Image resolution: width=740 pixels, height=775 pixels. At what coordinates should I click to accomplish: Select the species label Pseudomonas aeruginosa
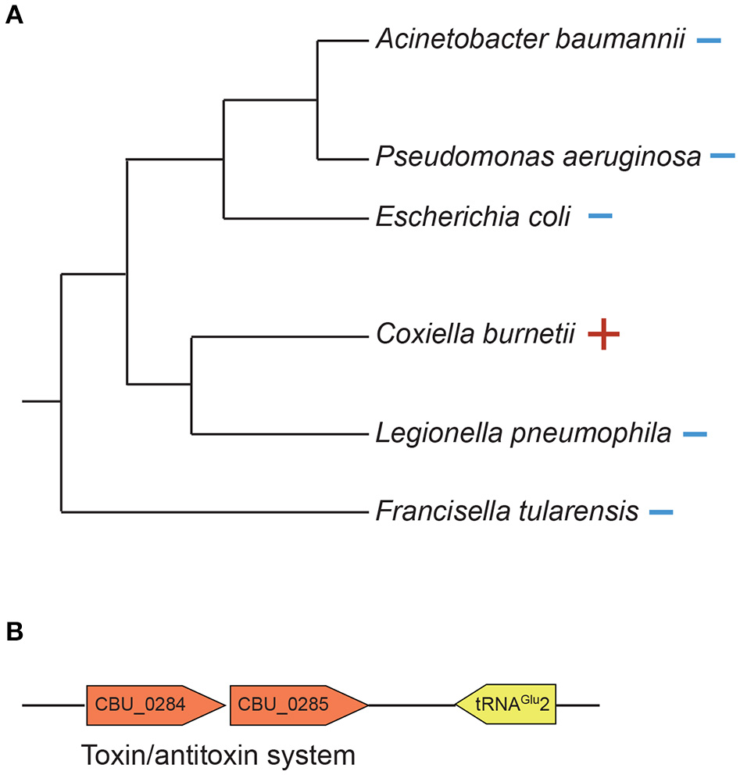coord(538,157)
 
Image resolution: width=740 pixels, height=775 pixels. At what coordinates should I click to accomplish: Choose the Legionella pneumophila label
coord(523,432)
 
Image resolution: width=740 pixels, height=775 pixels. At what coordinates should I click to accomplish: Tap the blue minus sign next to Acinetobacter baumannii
coord(709,40)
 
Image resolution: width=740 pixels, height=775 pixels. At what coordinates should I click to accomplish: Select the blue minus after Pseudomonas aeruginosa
coord(723,157)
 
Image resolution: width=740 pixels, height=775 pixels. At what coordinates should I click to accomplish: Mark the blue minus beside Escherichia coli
coord(600,216)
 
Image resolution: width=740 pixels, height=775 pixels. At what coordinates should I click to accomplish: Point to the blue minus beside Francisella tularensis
coord(660,513)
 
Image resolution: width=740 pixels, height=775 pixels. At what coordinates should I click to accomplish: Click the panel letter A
coord(14,16)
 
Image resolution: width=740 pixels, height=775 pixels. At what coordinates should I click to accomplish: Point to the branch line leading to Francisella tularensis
coord(211,513)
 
